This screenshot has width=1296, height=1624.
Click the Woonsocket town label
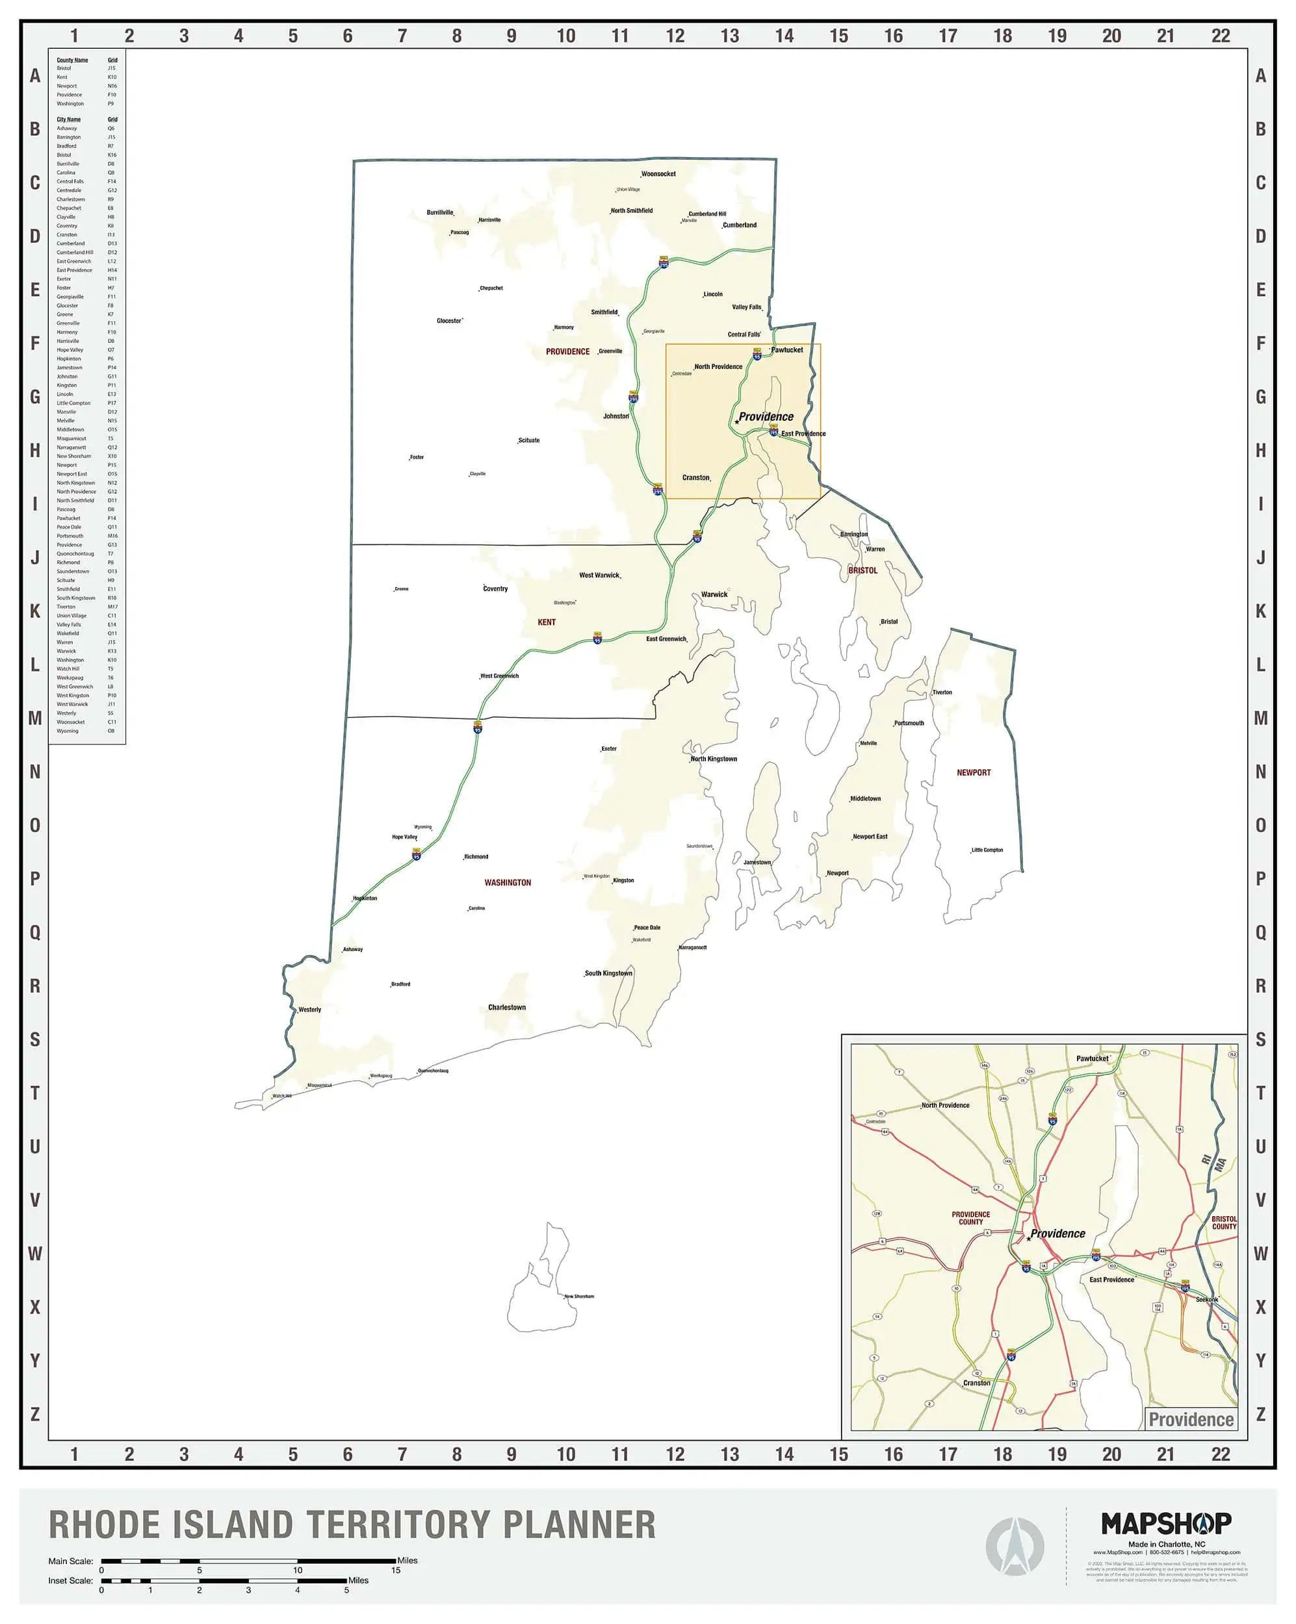(658, 174)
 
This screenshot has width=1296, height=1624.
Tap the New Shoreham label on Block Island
(580, 1297)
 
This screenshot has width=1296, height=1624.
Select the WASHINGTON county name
(507, 883)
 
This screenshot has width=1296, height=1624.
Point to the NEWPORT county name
(974, 773)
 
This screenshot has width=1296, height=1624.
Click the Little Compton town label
(987, 850)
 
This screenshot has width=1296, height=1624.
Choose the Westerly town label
(309, 1009)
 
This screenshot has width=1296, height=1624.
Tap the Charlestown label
(506, 1007)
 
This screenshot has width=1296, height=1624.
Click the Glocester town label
(449, 321)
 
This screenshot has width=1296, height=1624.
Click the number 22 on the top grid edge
(1220, 35)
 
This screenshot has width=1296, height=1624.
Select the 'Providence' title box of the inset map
(1191, 1420)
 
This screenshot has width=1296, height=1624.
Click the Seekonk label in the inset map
(1206, 1299)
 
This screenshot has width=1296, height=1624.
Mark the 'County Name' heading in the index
(72, 60)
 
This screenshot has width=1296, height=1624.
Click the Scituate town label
(529, 440)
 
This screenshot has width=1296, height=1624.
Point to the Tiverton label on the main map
(942, 692)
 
